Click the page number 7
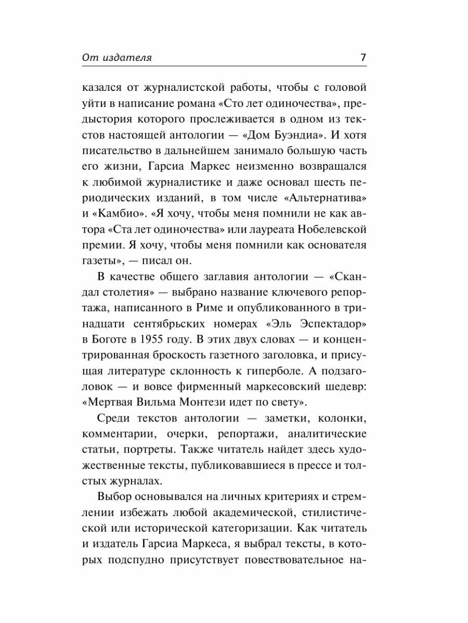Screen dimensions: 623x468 (x=364, y=58)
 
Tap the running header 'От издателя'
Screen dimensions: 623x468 (x=117, y=58)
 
